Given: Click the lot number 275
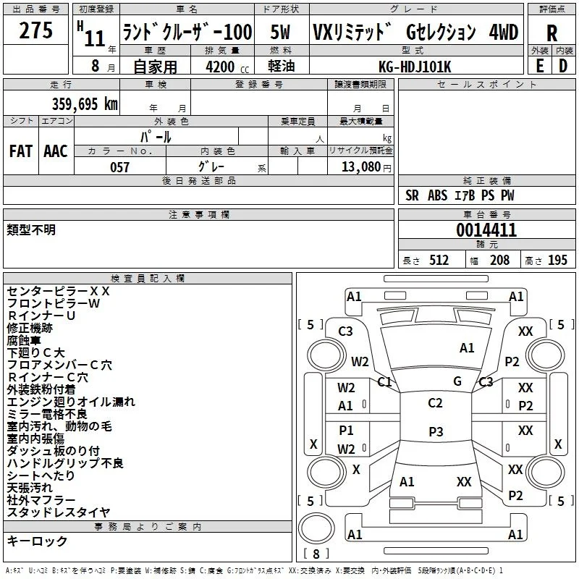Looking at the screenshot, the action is [x=35, y=30].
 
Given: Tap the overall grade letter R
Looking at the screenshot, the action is [x=551, y=33].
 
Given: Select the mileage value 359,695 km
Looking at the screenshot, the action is [x=85, y=104].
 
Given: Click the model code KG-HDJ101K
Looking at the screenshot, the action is [x=415, y=67].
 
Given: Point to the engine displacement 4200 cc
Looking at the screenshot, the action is [x=227, y=67].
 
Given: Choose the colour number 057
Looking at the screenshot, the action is [x=119, y=167].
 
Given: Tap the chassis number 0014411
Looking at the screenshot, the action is [x=486, y=230].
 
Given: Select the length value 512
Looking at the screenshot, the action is [x=439, y=261].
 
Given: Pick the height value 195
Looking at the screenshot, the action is [x=557, y=261].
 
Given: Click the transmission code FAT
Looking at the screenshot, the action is [x=21, y=151].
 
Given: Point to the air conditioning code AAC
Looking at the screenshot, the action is [x=56, y=151].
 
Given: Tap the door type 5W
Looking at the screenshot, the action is [x=280, y=32].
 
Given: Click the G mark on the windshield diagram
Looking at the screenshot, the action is [x=457, y=381].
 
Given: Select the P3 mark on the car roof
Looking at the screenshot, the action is [x=436, y=431].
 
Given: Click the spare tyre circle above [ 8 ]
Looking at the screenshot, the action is [x=316, y=528].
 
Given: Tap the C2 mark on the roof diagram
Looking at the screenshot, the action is [x=435, y=403].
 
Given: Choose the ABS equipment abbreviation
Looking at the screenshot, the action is [x=437, y=195].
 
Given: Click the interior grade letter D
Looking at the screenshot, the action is [x=563, y=66].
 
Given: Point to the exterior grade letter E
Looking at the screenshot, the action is [x=540, y=66].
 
